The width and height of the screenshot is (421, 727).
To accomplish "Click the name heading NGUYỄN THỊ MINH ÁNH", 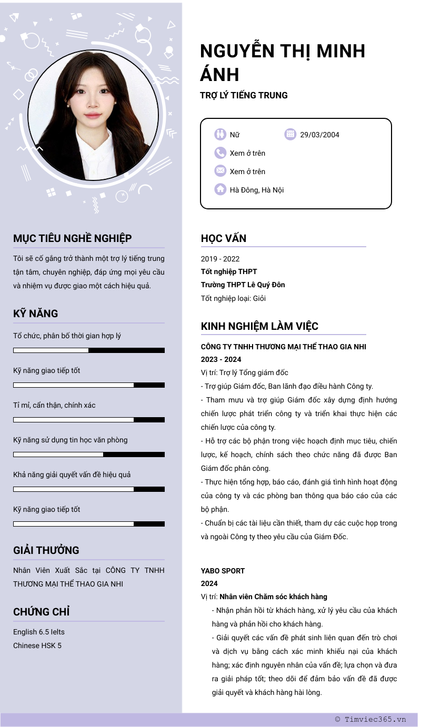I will pos(283,62).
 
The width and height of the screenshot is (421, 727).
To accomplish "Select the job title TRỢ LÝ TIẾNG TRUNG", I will pos(244,95).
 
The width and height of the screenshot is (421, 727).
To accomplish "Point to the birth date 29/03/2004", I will pos(319,135).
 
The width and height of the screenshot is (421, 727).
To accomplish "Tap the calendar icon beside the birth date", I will pos(290,134).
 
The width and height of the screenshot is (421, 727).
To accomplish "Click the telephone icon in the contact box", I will pos(220,153).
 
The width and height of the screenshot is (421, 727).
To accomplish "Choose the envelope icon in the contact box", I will pos(220,171).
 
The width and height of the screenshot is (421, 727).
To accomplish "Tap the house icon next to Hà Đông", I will pos(220,189).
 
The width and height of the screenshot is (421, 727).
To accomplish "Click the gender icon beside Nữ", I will pos(220,134).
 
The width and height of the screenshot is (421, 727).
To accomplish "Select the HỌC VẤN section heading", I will pos(224,238).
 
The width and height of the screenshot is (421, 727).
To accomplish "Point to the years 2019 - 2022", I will pos(220,259).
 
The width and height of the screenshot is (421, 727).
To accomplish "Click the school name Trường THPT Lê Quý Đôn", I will pos(243,285).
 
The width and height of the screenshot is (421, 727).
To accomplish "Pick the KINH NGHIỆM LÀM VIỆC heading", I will pos(259,326).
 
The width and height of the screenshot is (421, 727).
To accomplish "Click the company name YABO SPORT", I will pos(223,571).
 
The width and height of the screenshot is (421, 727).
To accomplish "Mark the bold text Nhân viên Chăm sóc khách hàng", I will pos(273,597).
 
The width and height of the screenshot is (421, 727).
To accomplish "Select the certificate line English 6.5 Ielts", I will pos(39,632).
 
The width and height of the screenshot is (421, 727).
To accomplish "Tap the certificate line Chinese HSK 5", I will pos(37,645).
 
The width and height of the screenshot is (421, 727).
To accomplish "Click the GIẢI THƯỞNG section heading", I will pos(46,550).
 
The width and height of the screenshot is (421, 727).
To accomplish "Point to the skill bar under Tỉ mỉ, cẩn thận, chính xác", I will pos(89,420).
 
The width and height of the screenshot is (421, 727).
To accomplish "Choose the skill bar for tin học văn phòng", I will pos(89,455).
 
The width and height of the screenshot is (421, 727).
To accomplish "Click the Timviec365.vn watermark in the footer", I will pos(370,720).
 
